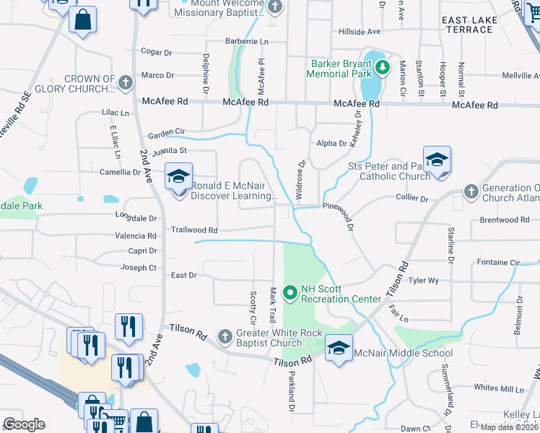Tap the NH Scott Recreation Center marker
pyautogui.click(x=290, y=293)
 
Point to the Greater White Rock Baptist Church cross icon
pyautogui.click(x=225, y=336)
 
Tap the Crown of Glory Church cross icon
pyautogui.click(x=126, y=82)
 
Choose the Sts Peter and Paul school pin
pyautogui.click(x=437, y=160)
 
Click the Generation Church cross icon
pyautogui.click(x=471, y=191)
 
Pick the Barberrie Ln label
pyautogui.click(x=247, y=41)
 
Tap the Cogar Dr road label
pyautogui.click(x=157, y=52)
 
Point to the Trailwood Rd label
pyautogui.click(x=194, y=230)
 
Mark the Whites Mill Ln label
pyautogui.click(x=499, y=389)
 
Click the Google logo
pyautogui.click(x=24, y=424)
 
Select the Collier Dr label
pyautogui.click(x=411, y=198)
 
